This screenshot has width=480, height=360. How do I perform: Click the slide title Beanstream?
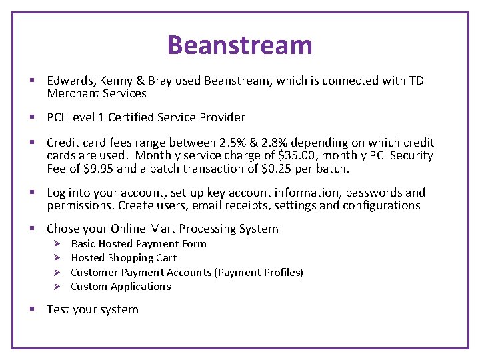pyautogui.click(x=239, y=45)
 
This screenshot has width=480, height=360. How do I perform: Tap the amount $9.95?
pyautogui.click(x=99, y=169)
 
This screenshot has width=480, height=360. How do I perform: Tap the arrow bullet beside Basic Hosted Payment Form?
pyautogui.click(x=57, y=244)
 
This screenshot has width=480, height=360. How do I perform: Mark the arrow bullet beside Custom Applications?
pyautogui.click(x=57, y=287)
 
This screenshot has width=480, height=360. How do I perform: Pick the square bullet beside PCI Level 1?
pyautogui.click(x=32, y=118)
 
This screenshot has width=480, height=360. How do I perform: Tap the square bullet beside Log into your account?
pyautogui.click(x=32, y=193)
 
